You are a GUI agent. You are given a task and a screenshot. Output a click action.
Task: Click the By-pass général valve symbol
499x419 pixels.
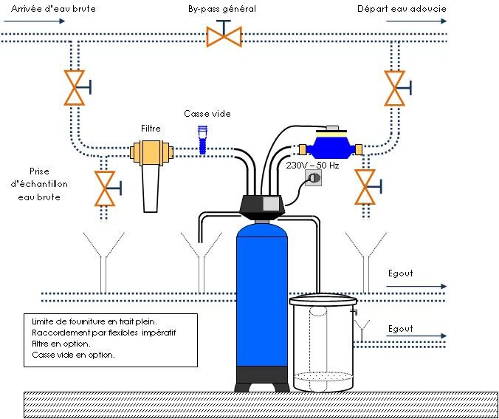coord(224,34)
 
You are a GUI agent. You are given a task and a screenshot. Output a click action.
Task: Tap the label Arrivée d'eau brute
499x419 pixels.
coord(53,9)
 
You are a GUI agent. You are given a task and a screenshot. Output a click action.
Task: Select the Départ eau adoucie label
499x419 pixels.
coord(402,9)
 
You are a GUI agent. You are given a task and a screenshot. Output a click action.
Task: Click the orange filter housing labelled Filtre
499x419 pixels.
coord(151,152)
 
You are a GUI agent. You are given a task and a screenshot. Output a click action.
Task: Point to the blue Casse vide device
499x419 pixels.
coord(202,140)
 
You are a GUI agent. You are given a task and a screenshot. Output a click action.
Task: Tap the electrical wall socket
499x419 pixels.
coord(313,177)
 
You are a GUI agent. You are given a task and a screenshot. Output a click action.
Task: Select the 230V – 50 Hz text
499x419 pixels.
coord(312,166)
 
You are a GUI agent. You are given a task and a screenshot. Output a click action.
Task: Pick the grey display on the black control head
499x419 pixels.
coord(271,203)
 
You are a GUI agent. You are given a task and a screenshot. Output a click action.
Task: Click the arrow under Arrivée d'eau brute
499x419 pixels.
coord(35,21)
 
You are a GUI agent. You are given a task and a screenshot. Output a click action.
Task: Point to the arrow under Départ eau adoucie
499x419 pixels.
coord(416,21)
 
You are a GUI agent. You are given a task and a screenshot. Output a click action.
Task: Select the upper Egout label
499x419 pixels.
coord(400,273)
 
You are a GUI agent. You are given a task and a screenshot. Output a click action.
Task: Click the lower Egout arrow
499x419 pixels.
coord(416,335)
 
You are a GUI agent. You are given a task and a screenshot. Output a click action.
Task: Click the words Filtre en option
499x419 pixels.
coord(61,344)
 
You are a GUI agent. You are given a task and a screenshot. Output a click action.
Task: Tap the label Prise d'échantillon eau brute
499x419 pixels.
coord(39,184)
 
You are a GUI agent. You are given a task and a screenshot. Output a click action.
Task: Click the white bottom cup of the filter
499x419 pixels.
coord(151,188)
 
